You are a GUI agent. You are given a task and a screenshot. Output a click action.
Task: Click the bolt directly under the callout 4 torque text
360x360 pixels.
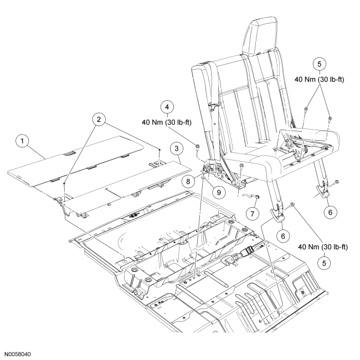[197, 147]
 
